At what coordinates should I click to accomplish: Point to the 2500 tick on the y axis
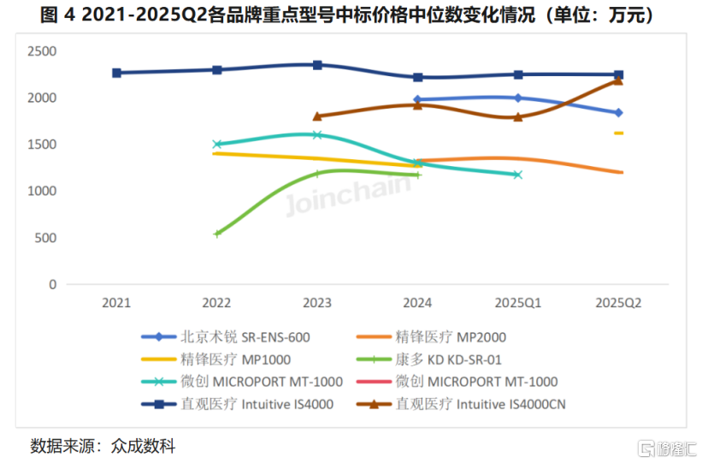(40, 51)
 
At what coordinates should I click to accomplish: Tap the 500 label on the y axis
(44, 238)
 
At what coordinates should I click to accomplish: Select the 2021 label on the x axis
(116, 302)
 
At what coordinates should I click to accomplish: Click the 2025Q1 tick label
(517, 302)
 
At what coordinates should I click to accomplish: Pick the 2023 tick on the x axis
(317, 302)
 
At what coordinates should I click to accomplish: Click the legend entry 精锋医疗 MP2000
(457, 337)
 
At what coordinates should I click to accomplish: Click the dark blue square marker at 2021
(116, 73)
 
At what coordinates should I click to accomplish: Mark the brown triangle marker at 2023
(317, 116)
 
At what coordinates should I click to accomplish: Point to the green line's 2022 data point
(217, 233)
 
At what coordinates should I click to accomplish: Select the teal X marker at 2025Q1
(517, 175)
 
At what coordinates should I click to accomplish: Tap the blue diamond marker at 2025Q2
(618, 113)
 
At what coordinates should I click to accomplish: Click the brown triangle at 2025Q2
(618, 80)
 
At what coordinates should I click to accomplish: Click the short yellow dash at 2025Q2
(618, 133)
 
